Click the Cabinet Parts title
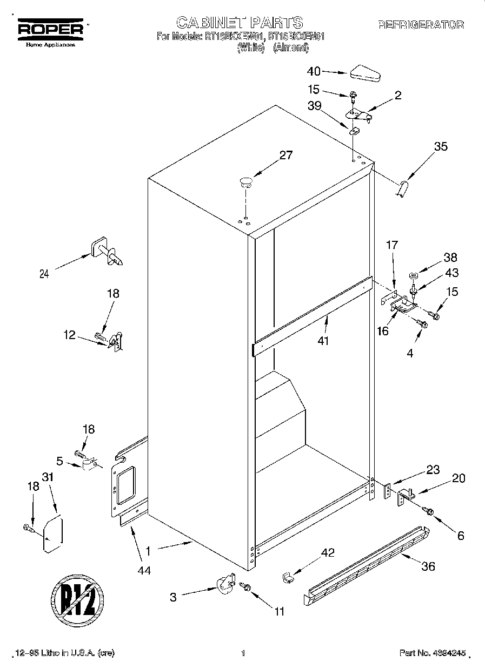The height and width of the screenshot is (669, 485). point(240,22)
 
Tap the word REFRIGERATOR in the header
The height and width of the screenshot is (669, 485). point(421,24)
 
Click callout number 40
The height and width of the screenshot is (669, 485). point(314,71)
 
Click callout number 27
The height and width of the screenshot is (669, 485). point(285,156)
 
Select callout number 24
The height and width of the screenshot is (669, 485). point(44,274)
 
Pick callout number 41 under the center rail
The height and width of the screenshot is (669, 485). point(324,341)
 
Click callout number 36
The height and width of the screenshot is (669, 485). point(428,566)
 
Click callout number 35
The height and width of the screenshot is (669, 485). point(441,146)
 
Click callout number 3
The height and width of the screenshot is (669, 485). point(173,597)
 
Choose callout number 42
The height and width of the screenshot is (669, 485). point(328,552)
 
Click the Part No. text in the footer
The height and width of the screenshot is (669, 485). point(432,653)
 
